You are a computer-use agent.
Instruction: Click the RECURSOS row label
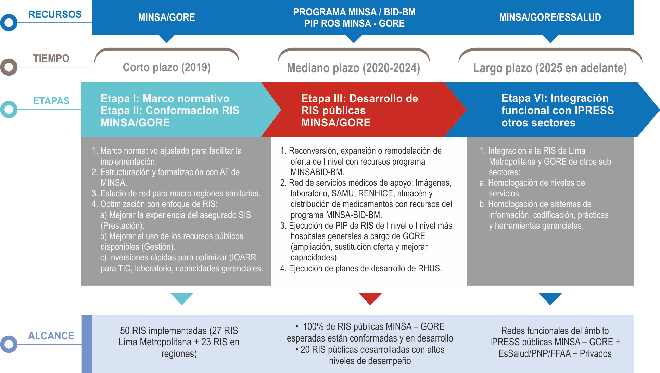click(55, 14)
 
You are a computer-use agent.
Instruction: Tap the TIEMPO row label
click(51, 59)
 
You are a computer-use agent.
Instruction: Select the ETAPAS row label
click(51, 101)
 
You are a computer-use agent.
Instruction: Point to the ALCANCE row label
click(51, 336)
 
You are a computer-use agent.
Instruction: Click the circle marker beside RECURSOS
click(9, 23)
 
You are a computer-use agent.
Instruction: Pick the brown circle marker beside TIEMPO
click(9, 67)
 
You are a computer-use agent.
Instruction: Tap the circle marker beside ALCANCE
click(9, 344)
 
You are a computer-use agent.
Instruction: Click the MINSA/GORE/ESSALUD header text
click(550, 17)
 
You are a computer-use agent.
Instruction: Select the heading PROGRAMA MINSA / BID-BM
click(355, 12)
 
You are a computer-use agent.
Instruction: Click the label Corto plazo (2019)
click(167, 67)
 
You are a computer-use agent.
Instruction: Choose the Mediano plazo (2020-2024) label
click(353, 68)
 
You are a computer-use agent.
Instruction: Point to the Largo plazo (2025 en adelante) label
click(550, 68)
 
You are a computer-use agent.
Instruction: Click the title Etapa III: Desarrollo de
click(359, 99)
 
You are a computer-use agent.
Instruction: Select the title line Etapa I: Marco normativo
click(165, 99)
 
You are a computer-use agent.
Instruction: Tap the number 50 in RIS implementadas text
click(125, 331)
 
